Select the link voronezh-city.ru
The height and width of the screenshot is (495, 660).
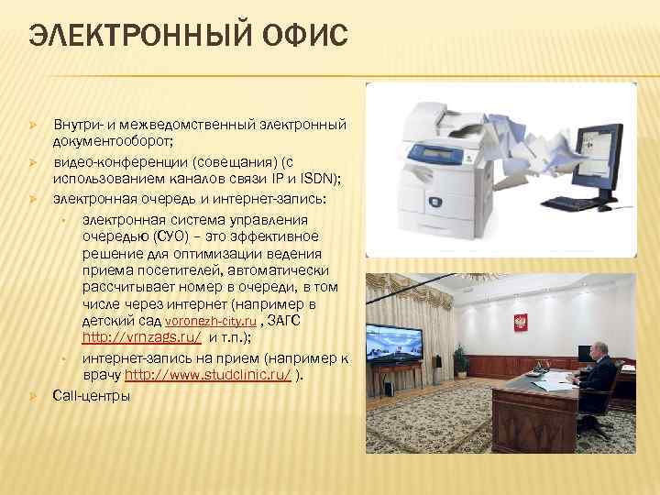coord(210,322)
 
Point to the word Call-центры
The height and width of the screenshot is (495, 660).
coord(92,395)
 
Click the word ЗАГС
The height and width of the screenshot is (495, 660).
coord(289,320)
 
